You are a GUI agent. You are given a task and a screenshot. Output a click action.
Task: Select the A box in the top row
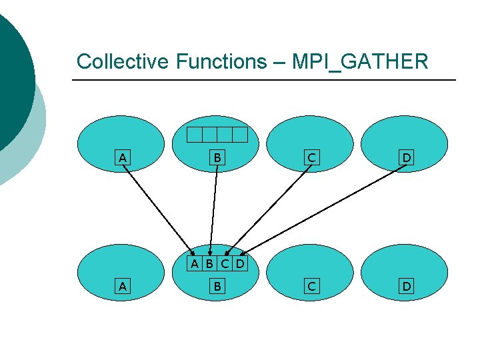click(x=122, y=158)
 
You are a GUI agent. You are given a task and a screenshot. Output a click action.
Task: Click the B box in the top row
click(x=217, y=158)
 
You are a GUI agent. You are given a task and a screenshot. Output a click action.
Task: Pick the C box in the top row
click(x=311, y=158)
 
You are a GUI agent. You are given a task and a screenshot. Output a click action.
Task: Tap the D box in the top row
click(x=405, y=158)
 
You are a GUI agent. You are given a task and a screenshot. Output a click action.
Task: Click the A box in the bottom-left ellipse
click(x=122, y=287)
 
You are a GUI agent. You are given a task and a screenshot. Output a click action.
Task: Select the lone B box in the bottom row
click(x=217, y=287)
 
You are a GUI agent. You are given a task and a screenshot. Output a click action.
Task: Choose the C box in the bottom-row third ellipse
click(x=311, y=287)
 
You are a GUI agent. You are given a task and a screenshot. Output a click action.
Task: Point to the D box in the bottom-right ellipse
click(x=405, y=287)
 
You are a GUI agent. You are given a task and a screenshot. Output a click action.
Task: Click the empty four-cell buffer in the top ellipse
click(x=217, y=135)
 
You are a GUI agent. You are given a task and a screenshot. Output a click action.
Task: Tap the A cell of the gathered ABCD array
click(x=194, y=264)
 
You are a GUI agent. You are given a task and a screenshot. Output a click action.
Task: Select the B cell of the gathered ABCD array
click(x=209, y=264)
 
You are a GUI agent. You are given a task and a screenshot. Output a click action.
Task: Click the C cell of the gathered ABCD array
click(x=225, y=264)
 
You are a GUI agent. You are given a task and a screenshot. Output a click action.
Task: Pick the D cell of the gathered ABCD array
click(x=239, y=264)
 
